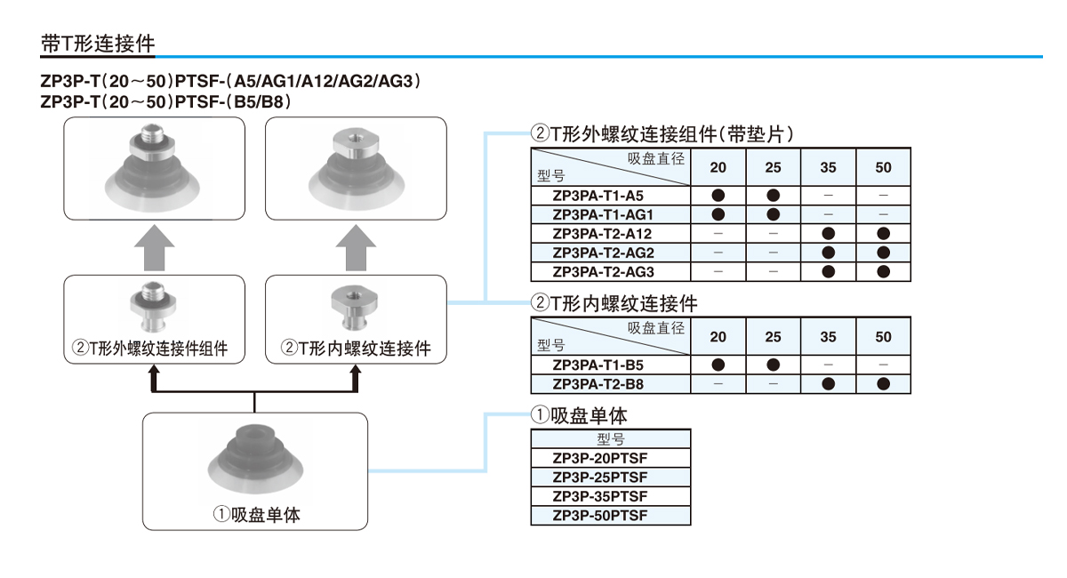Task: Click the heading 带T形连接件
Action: point(98,43)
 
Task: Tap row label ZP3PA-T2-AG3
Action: point(603,271)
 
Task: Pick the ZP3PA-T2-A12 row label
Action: point(603,233)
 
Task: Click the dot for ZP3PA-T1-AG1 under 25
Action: point(773,214)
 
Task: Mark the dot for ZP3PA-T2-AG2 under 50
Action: point(883,253)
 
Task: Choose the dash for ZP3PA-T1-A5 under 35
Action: point(828,195)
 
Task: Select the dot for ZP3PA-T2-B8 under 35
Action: point(828,384)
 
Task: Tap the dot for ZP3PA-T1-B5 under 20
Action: point(718,365)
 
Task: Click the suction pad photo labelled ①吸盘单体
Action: point(254,462)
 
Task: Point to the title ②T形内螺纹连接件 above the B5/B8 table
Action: point(614,303)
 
